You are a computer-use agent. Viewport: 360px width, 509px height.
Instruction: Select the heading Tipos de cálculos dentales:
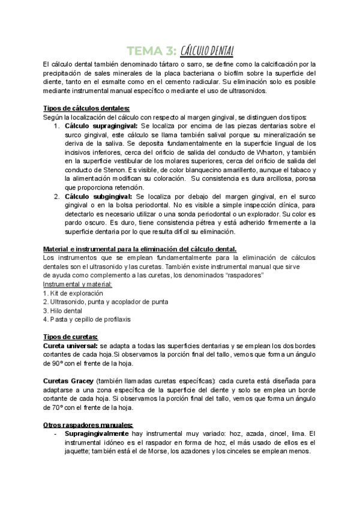coord(86,108)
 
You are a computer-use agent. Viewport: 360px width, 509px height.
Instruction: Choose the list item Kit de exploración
coord(76,293)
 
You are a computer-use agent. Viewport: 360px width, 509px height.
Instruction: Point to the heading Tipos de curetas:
coord(71,337)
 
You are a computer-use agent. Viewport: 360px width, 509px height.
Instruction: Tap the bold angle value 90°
coord(56,364)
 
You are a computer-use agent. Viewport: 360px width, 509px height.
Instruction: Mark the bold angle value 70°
coord(56,408)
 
